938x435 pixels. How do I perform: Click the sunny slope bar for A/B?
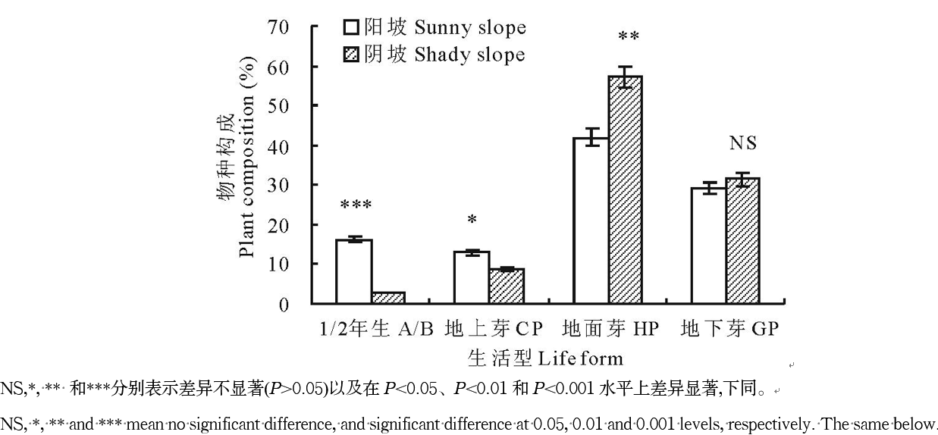[353, 271]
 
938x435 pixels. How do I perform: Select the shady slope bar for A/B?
[389, 298]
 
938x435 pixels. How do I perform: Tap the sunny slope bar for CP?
[472, 277]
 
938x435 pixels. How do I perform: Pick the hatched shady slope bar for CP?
[507, 286]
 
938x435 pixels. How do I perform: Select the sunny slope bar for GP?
[708, 246]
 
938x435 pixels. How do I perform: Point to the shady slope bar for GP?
[743, 240]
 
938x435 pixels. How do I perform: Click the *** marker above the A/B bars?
[355, 205]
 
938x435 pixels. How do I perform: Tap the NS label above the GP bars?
[743, 142]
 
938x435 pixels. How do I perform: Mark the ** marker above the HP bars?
[629, 36]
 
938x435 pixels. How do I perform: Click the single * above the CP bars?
[472, 220]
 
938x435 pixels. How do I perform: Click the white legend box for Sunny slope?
[351, 28]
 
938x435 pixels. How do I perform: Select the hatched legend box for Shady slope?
[351, 55]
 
